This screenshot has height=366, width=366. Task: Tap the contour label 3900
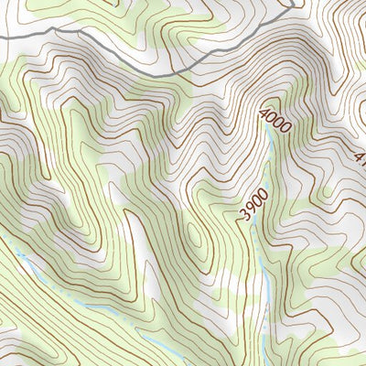tap(253, 205)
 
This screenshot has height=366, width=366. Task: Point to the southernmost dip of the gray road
tap(169, 72)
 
